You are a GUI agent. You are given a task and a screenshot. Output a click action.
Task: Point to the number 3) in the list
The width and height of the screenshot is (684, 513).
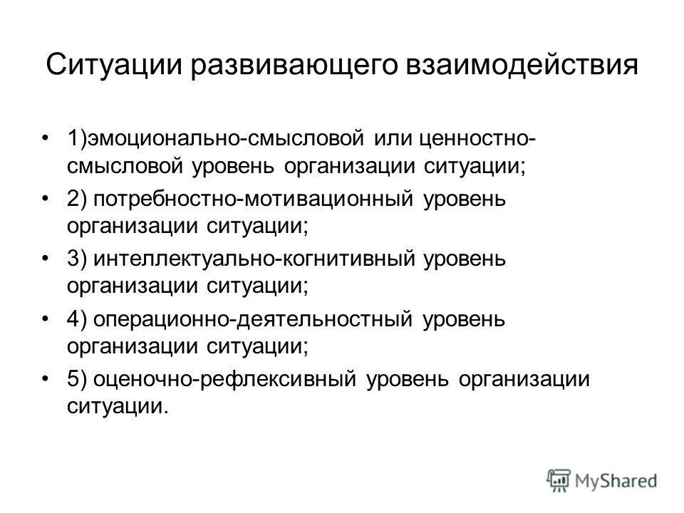click(78, 259)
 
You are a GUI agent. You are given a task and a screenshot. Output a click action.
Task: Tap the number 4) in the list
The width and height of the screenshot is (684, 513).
click(78, 319)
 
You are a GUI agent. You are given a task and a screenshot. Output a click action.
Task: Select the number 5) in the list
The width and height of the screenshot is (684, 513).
click(78, 379)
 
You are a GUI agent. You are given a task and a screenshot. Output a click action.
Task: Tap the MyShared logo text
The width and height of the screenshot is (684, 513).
click(617, 479)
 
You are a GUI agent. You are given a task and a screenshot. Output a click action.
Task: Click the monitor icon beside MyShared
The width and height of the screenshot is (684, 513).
click(559, 479)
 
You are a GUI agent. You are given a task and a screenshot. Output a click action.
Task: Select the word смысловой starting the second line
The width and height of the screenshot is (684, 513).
click(124, 166)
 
